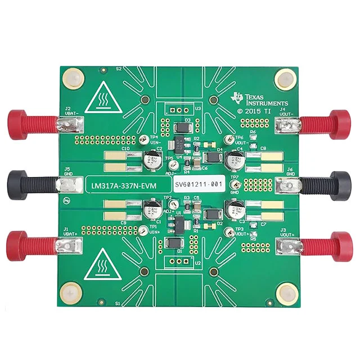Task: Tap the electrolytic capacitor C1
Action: click(x=152, y=212)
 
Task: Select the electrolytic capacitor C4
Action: click(x=233, y=160)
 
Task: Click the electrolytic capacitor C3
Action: click(x=233, y=211)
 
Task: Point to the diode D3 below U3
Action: click(x=181, y=127)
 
